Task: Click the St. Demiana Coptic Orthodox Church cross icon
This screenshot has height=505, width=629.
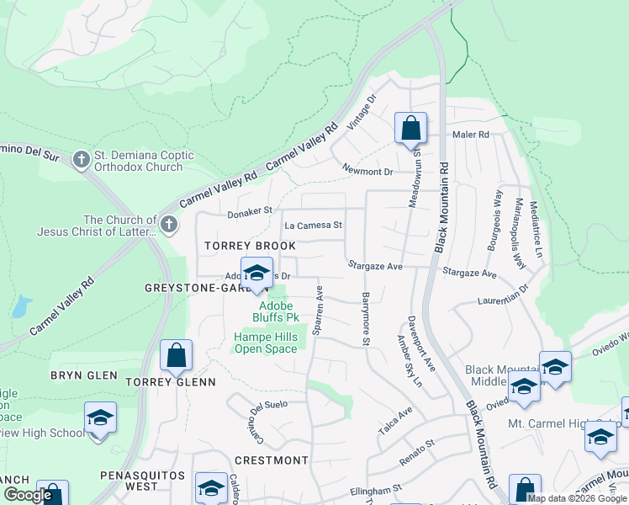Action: (82, 159)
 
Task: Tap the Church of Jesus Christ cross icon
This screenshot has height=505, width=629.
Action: (169, 225)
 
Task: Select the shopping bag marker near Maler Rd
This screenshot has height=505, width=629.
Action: (410, 130)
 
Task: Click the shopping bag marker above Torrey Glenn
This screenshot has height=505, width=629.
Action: (176, 357)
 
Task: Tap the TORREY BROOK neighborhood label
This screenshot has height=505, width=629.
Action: (251, 246)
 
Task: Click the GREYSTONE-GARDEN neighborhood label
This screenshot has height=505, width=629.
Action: (198, 288)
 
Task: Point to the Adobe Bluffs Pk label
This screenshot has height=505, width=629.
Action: (276, 311)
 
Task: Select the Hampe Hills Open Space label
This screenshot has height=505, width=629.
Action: (265, 343)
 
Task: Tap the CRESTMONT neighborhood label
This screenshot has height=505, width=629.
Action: (271, 460)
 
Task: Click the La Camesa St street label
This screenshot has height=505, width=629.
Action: (313, 226)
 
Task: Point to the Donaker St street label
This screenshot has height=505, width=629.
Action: (250, 213)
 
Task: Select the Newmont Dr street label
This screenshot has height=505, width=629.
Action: (367, 172)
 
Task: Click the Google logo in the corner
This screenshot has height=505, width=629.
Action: (29, 495)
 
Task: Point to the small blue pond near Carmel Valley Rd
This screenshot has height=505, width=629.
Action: (21, 307)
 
